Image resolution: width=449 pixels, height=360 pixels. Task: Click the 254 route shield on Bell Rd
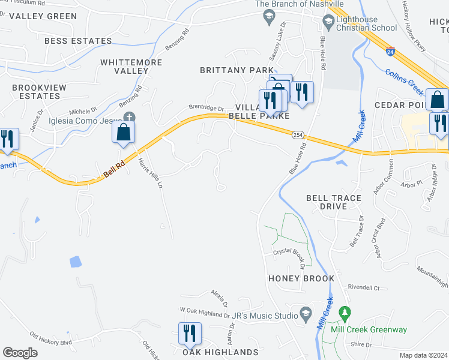pyautogui.click(x=298, y=135)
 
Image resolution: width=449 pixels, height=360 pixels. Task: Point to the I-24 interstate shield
pyautogui.click(x=391, y=52)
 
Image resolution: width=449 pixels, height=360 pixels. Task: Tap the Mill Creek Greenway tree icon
pyautogui.click(x=345, y=313)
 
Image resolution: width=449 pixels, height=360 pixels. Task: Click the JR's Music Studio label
pyautogui.click(x=265, y=316)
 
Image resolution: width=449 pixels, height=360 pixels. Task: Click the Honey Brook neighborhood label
pyautogui.click(x=301, y=279)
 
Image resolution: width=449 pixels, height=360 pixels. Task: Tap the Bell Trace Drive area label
pyautogui.click(x=334, y=202)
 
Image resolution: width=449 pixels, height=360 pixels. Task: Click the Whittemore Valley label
pyautogui.click(x=124, y=66)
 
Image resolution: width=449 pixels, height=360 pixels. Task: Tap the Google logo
pyautogui.click(x=20, y=353)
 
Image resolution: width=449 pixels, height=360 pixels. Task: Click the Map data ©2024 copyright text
pyautogui.click(x=424, y=355)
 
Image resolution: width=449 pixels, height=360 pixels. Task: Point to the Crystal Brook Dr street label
pyautogui.click(x=286, y=252)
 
